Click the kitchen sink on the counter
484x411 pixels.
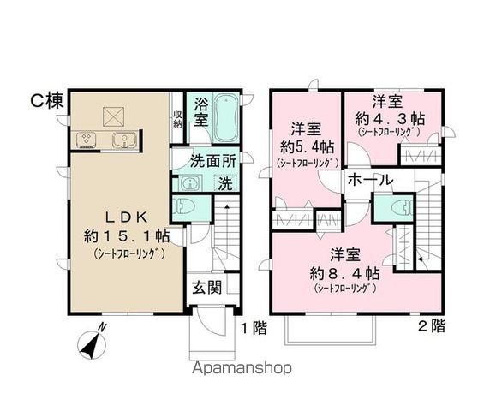click(x=122, y=140)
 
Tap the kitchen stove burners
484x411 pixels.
click(x=88, y=140)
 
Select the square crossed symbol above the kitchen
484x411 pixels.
click(x=114, y=114)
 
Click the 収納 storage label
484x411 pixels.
click(x=177, y=117)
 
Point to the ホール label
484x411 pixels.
click(x=370, y=181)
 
